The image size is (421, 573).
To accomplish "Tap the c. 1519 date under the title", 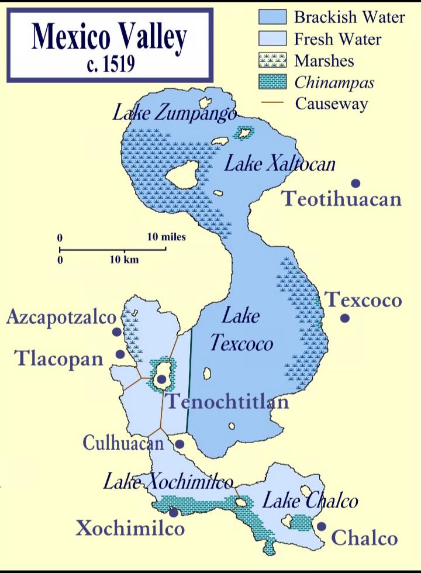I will point(110,63).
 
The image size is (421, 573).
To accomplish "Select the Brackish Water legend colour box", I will point(272,17).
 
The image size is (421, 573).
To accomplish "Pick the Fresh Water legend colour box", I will point(272,39).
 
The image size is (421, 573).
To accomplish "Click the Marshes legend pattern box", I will point(272,60).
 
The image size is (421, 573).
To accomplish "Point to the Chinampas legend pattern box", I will point(272,82).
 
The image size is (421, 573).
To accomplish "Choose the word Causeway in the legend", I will point(331,104).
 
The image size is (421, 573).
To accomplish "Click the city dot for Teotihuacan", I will point(355,183).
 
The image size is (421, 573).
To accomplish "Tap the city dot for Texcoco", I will point(345,318).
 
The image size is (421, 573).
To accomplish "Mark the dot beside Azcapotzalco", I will point(117,332).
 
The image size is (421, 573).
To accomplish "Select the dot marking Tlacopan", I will point(120,354).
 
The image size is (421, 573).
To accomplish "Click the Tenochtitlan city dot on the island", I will point(161,379).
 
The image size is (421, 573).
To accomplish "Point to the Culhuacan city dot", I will point(180,444).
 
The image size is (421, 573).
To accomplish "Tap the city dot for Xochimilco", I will point(174,512).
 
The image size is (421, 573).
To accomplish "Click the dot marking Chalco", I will point(321,526).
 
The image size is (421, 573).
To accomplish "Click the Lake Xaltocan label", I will point(279,164).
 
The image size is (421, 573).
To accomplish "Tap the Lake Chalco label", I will point(309,501).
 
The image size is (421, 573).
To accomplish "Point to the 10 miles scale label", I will point(166,237).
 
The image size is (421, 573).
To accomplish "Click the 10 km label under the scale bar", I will point(124,259).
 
